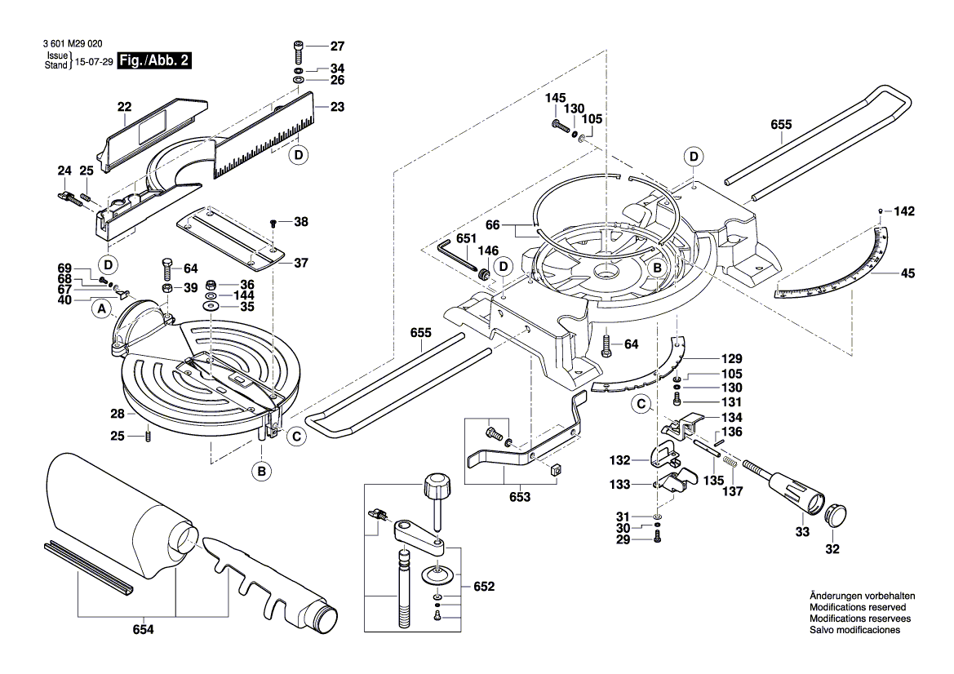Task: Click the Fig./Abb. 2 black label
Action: pyautogui.click(x=155, y=61)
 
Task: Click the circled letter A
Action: pyautogui.click(x=101, y=309)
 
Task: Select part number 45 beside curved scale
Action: pyautogui.click(x=908, y=274)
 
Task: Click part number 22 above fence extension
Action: pyautogui.click(x=124, y=107)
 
